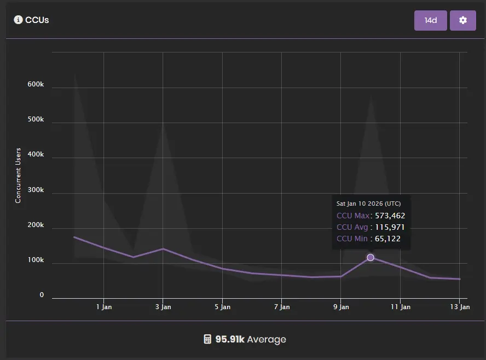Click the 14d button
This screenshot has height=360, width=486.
pyautogui.click(x=431, y=20)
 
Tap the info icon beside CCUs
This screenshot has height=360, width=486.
pyautogui.click(x=18, y=20)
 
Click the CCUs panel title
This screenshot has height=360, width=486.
pyautogui.click(x=37, y=20)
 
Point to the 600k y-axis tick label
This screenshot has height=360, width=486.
pyautogui.click(x=35, y=85)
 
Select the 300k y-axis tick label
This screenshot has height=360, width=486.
pyautogui.click(x=35, y=190)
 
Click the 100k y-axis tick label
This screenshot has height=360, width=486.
pyautogui.click(x=35, y=260)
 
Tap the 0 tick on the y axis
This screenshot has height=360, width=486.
pyautogui.click(x=41, y=295)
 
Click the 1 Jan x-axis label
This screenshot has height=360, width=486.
pyautogui.click(x=103, y=307)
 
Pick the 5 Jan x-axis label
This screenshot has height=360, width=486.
pyautogui.click(x=222, y=307)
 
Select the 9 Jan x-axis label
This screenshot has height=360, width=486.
pyautogui.click(x=341, y=307)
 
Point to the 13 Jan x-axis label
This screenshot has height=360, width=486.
pyautogui.click(x=460, y=307)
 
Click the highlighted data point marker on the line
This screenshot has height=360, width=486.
pyautogui.click(x=371, y=257)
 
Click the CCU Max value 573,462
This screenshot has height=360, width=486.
pyautogui.click(x=390, y=216)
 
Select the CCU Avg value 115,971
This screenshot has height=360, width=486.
pyautogui.click(x=390, y=227)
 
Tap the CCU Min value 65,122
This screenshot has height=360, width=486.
pyautogui.click(x=387, y=239)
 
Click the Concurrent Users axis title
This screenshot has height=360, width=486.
pyautogui.click(x=18, y=176)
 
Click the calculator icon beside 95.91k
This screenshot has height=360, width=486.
pyautogui.click(x=207, y=339)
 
